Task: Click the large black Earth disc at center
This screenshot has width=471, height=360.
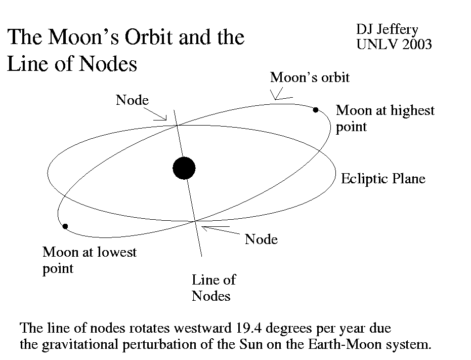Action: click(x=184, y=168)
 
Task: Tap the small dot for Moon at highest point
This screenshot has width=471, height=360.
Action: click(x=316, y=110)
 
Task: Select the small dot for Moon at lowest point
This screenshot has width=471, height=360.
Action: click(x=65, y=226)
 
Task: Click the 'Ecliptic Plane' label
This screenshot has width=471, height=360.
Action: click(x=383, y=179)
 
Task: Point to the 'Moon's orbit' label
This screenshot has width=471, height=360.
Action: click(x=310, y=77)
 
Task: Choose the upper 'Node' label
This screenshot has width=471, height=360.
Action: click(x=132, y=100)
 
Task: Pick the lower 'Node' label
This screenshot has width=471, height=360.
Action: click(x=261, y=239)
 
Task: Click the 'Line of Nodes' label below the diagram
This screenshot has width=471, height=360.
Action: click(x=213, y=288)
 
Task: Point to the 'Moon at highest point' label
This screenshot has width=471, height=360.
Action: click(x=385, y=118)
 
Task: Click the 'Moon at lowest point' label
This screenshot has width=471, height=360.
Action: click(x=90, y=260)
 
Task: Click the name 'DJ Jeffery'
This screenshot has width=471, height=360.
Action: click(x=387, y=30)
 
